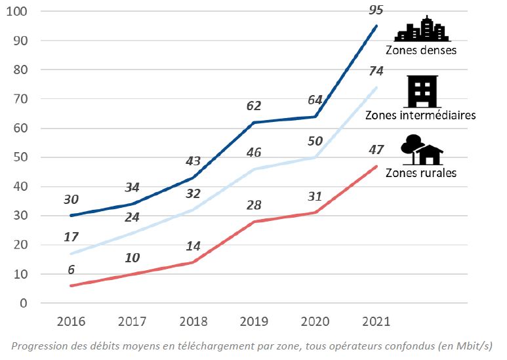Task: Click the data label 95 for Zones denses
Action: pyautogui.click(x=376, y=10)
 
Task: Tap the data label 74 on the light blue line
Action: pyautogui.click(x=376, y=71)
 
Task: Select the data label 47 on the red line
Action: pyautogui.click(x=376, y=150)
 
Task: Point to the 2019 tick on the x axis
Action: pyautogui.click(x=254, y=322)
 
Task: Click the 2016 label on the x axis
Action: pyautogui.click(x=70, y=322)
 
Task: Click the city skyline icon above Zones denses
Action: pyautogui.click(x=421, y=30)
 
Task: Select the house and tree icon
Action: pyautogui.click(x=422, y=150)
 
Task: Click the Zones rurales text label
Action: pyautogui.click(x=420, y=173)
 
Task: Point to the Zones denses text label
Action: pyautogui.click(x=420, y=50)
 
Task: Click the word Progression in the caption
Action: pyautogui.click(x=41, y=346)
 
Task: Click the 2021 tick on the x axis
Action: pyautogui.click(x=376, y=322)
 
